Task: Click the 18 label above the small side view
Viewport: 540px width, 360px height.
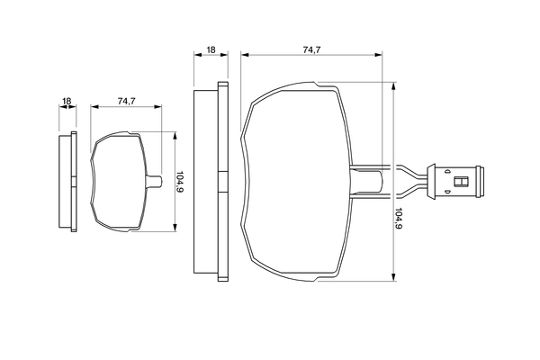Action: point(67,102)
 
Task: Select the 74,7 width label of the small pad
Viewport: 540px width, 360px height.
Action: point(126,102)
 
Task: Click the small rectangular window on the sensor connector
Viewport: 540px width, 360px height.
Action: point(461,181)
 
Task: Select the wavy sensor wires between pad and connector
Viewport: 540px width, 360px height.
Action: point(409,180)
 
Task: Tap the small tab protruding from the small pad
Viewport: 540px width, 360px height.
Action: point(157,182)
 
